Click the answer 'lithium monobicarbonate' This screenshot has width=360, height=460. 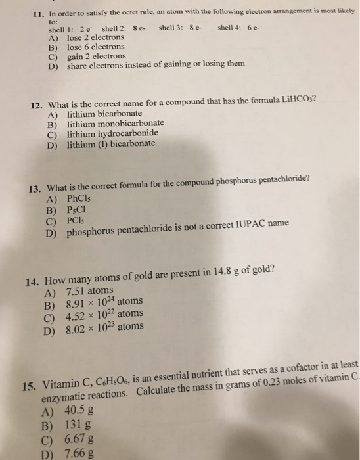click(116, 124)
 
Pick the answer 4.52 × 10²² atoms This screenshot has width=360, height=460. click(104, 314)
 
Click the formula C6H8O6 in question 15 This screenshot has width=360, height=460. click(120, 377)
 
